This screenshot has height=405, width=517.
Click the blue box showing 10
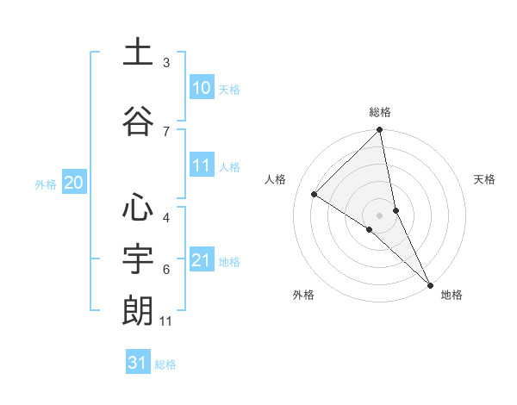[x=202, y=88]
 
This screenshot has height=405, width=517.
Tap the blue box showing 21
[x=202, y=260]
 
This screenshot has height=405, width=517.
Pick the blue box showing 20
[x=73, y=183]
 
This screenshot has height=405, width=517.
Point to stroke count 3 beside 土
[x=166, y=63]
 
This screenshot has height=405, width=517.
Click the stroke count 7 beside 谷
[x=166, y=131]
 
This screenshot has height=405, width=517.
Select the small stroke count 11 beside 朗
[x=167, y=321]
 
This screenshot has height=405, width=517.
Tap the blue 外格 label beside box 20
[x=46, y=184]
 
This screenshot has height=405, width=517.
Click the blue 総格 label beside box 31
[x=165, y=364]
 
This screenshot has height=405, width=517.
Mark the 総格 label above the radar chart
[x=380, y=112]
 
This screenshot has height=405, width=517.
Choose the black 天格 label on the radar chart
[x=484, y=179]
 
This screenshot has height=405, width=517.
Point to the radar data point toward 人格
[x=315, y=194]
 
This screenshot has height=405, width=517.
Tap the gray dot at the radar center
[x=380, y=215]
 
